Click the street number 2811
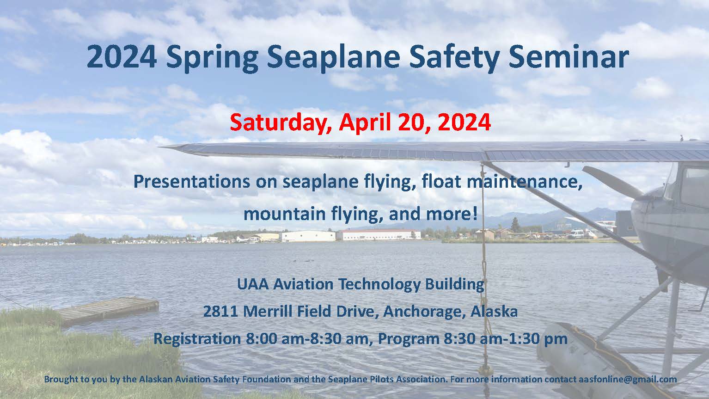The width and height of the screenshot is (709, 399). [220, 312]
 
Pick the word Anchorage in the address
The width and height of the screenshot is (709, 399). [424, 312]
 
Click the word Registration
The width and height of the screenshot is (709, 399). [197, 339]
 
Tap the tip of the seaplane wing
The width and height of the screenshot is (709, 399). [161, 147]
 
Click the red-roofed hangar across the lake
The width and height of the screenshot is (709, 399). [378, 235]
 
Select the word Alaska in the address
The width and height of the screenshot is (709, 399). [494, 312]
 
